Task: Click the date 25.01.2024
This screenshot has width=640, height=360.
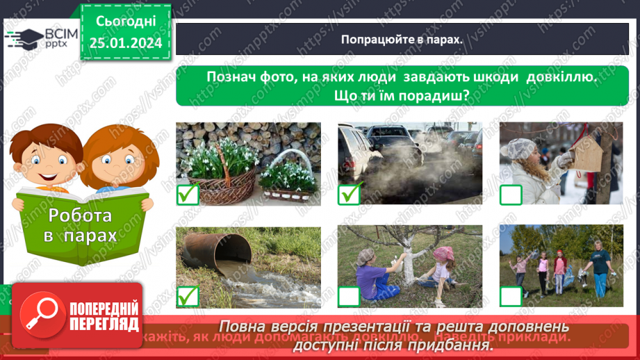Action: point(125,43)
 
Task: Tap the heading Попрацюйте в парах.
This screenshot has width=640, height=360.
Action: point(402,39)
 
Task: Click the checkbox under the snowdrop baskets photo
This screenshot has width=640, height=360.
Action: point(188,194)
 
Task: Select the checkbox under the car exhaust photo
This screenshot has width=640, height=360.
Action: point(350,194)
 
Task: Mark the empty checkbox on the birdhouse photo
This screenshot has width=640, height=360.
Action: point(511,195)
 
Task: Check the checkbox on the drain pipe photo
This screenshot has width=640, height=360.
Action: point(188,297)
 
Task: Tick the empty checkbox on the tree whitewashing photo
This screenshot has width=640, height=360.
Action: point(350,297)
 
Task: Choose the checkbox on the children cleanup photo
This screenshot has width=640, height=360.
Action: point(511,297)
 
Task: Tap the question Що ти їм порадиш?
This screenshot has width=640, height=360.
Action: point(402,95)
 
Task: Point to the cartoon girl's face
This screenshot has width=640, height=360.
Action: point(115,158)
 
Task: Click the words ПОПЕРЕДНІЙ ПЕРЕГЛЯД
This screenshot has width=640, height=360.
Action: point(104,316)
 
